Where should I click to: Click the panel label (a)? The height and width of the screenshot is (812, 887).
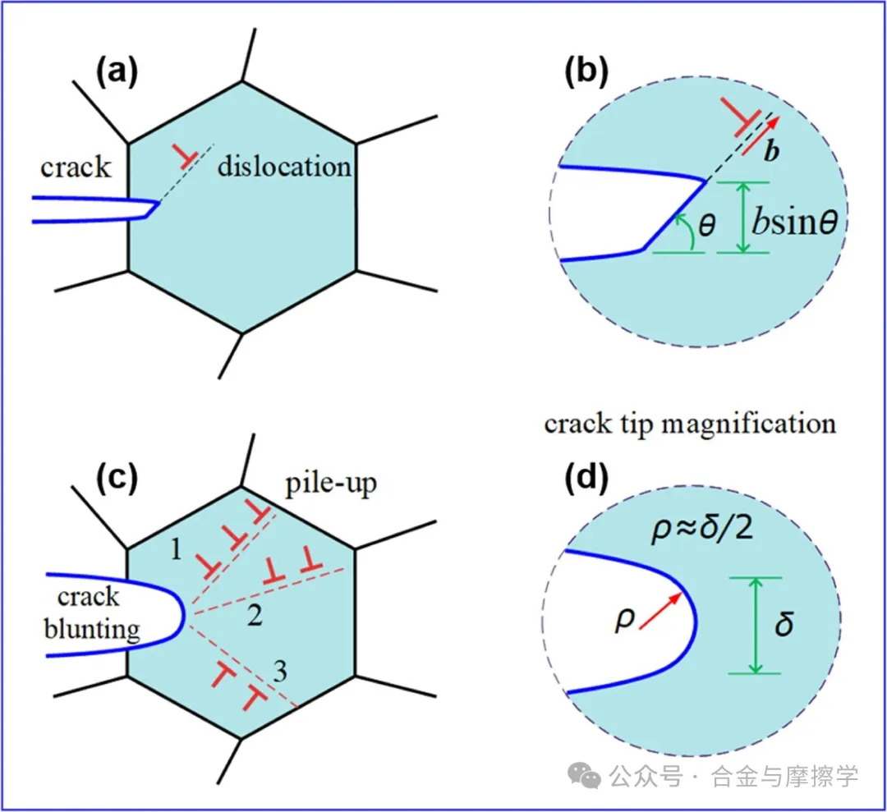117,72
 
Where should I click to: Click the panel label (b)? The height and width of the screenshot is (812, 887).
586,72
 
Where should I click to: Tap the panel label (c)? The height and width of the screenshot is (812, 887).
117,478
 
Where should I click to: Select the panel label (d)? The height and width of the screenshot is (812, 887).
586,478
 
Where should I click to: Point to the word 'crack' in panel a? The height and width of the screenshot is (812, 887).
76,167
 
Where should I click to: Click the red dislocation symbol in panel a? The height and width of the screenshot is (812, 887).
185,157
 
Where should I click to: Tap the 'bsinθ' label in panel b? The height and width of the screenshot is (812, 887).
795,221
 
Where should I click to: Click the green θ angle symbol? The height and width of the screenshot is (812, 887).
706,225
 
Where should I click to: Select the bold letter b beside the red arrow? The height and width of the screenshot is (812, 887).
771,151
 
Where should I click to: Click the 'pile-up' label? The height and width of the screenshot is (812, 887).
331,484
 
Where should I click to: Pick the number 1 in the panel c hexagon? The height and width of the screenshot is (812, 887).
176,548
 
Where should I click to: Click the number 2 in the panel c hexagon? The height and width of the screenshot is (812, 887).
255,615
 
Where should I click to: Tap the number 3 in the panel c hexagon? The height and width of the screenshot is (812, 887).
280,672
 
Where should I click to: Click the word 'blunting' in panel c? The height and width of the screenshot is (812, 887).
92,630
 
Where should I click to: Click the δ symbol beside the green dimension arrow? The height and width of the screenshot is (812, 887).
784,624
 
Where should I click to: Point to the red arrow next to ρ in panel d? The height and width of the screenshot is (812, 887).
660,611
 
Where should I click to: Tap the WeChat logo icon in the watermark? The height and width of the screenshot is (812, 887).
585,775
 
